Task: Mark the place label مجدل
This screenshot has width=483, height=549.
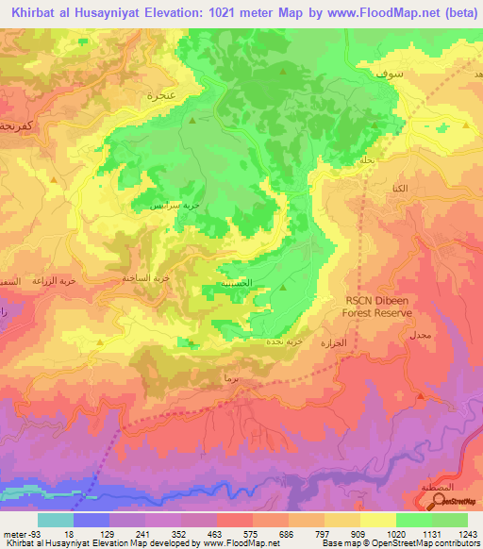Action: [420, 335]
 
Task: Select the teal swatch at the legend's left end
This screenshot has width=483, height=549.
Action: [55, 520]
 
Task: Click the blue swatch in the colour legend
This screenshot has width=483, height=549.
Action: [91, 520]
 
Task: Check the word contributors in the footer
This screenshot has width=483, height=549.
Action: [457, 542]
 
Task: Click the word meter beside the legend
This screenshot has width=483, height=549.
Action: [13, 533]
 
